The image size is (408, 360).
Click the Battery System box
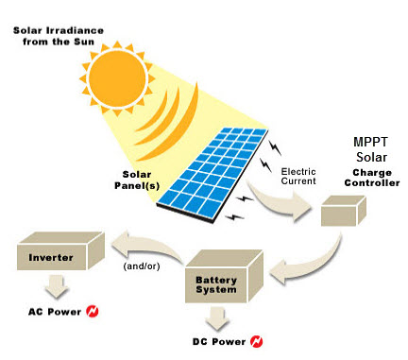tap(223, 278)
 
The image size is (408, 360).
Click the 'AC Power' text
tap(52, 311)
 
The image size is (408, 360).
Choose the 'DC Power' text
tap(216, 341)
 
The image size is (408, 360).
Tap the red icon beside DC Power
tap(257, 341)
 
